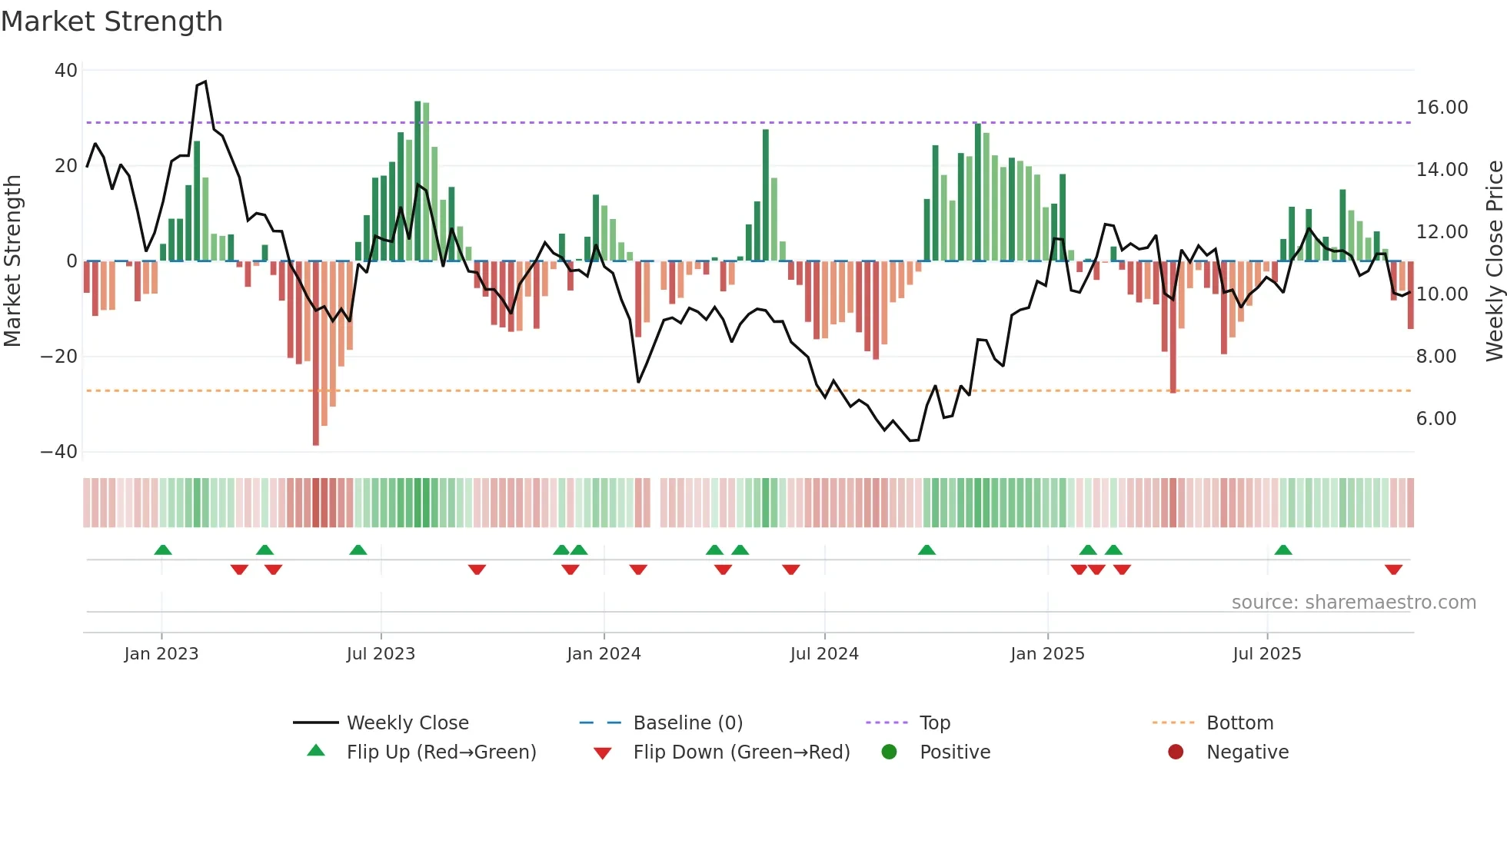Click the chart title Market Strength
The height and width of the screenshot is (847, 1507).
click(x=111, y=22)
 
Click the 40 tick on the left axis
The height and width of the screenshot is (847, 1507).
click(x=66, y=71)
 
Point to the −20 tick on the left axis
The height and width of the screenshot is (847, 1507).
click(x=59, y=357)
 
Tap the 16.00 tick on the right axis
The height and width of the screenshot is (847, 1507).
click(x=1442, y=108)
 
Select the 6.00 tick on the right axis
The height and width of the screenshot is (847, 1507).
click(x=1435, y=419)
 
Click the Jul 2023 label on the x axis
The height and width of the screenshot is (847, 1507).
click(x=381, y=654)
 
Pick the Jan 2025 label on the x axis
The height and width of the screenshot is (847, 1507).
click(x=1047, y=654)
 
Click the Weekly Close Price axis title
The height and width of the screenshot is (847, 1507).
click(x=1494, y=261)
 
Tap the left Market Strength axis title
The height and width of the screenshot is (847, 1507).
click(x=12, y=261)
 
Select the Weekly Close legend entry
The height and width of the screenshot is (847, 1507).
click(x=408, y=723)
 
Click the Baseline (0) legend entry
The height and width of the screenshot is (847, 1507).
click(x=687, y=723)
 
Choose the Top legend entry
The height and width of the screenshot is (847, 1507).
click(x=935, y=723)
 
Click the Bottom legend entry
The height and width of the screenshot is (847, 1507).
click(x=1239, y=723)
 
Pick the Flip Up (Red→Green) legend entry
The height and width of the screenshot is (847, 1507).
click(x=441, y=752)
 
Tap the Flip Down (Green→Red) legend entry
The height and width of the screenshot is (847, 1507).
click(x=741, y=752)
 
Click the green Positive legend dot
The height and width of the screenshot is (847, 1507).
click(x=890, y=752)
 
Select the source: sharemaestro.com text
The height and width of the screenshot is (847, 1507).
click(x=1353, y=603)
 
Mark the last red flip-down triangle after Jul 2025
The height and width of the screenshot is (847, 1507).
click(x=1393, y=570)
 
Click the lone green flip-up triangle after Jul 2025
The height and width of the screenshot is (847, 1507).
click(x=1282, y=550)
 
